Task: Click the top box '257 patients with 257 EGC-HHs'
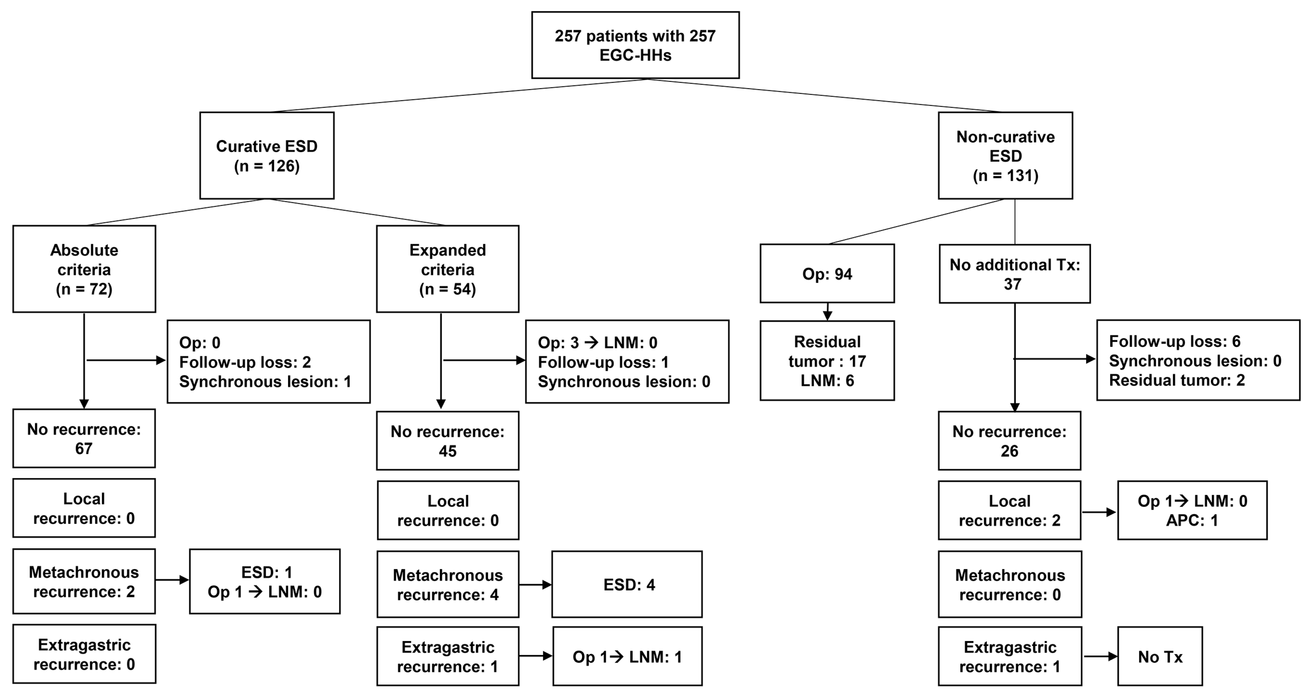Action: (x=635, y=45)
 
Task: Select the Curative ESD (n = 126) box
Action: (x=267, y=155)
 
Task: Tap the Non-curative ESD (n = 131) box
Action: (x=1005, y=155)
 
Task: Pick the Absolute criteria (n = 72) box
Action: (x=84, y=269)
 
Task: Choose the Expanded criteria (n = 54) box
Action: (x=447, y=269)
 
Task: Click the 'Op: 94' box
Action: (x=827, y=274)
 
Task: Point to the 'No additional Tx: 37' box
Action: (x=1014, y=274)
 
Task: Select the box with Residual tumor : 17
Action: (x=827, y=361)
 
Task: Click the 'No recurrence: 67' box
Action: (x=84, y=439)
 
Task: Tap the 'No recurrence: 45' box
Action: (x=447, y=441)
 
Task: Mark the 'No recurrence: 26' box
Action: (x=1009, y=441)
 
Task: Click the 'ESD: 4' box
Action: (x=627, y=584)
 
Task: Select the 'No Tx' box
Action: (x=1160, y=656)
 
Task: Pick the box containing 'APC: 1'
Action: (x=1192, y=510)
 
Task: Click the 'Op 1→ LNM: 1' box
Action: (x=627, y=656)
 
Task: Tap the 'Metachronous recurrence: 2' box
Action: (x=84, y=581)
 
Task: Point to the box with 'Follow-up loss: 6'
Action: (x=1198, y=360)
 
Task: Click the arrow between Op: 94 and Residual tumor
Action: (x=827, y=312)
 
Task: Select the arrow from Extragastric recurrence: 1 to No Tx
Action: (x=1099, y=656)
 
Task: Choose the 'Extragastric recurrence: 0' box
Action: (x=84, y=654)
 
